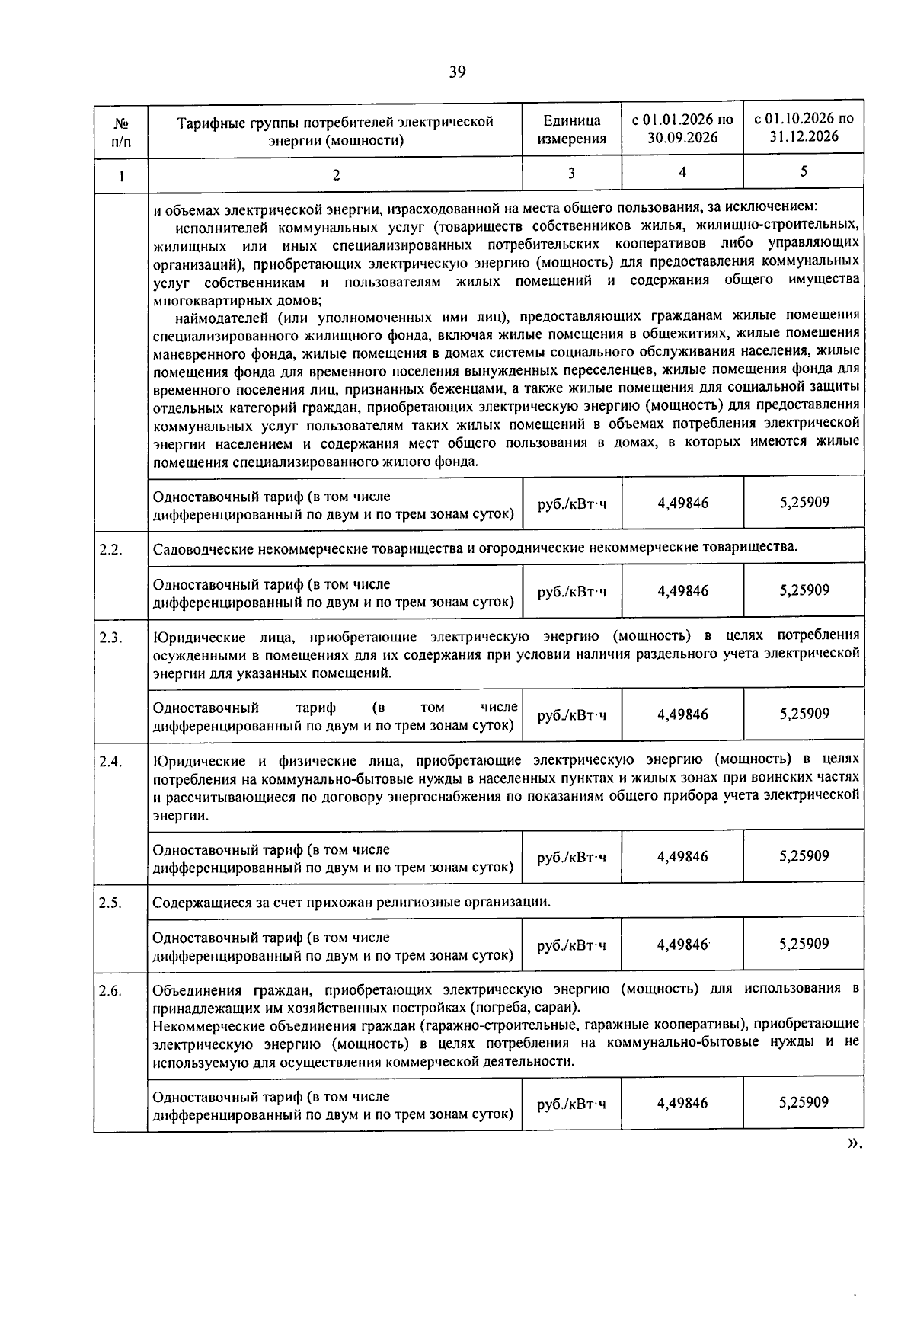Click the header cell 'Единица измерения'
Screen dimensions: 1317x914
click(x=571, y=129)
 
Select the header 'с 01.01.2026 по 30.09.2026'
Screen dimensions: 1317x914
click(x=682, y=129)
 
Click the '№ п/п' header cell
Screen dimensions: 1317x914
click(x=120, y=131)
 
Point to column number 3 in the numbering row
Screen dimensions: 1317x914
click(x=571, y=173)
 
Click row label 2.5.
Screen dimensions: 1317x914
click(x=111, y=903)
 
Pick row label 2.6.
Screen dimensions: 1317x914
click(x=111, y=991)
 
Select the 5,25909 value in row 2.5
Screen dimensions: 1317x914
click(x=804, y=945)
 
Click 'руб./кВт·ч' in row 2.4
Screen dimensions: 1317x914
click(x=571, y=857)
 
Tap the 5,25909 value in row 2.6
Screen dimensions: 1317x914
click(x=804, y=1102)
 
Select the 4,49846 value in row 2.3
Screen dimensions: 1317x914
click(x=682, y=714)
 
